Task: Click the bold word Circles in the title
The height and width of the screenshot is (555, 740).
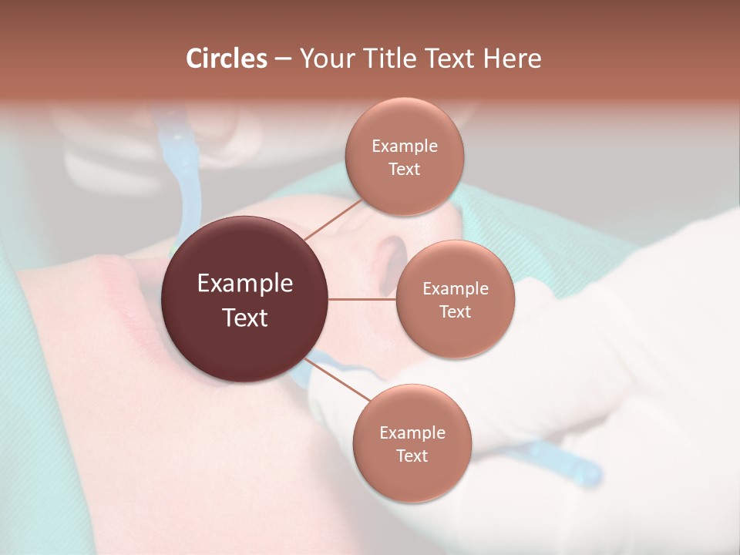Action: (227, 59)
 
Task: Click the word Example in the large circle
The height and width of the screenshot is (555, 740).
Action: (245, 284)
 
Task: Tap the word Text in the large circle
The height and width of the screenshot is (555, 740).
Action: (245, 318)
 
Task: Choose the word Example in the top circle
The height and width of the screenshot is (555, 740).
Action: (404, 146)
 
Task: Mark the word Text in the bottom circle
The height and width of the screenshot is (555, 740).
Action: (412, 456)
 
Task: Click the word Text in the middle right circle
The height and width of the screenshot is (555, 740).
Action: (455, 312)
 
